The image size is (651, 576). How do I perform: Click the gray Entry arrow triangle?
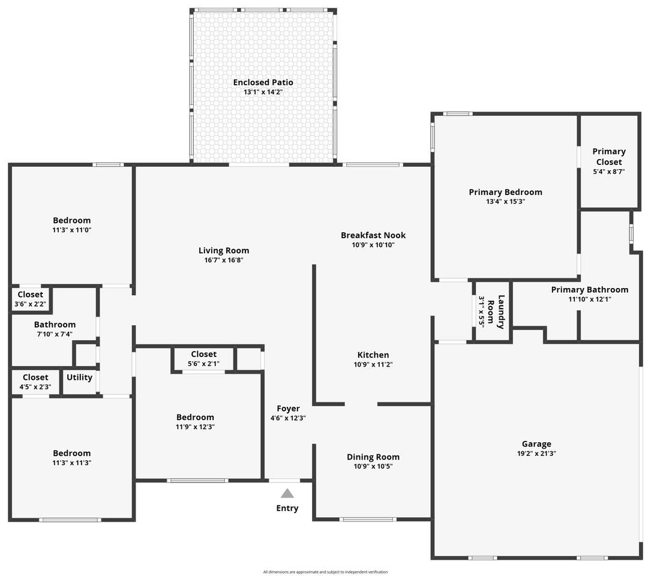click(x=287, y=493)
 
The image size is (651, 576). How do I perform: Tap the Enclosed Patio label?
click(x=263, y=82)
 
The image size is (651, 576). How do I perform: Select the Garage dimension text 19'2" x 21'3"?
click(x=536, y=454)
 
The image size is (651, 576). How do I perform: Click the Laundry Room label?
click(x=496, y=311)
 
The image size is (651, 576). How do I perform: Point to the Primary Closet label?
click(x=609, y=157)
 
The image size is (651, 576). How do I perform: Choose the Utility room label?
click(x=79, y=377)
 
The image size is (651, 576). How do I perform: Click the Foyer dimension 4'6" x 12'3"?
click(x=288, y=418)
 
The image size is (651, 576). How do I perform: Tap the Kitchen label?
click(x=373, y=355)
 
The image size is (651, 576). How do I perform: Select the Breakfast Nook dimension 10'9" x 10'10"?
click(x=373, y=245)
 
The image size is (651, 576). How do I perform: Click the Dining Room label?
click(x=373, y=457)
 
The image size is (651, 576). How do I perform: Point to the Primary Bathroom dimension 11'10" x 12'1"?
click(x=590, y=299)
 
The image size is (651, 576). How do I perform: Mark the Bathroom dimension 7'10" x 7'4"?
click(x=55, y=334)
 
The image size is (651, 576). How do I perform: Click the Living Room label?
click(x=224, y=250)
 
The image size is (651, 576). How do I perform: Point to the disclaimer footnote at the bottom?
click(x=325, y=572)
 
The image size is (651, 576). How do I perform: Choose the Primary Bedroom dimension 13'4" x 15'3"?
click(x=506, y=202)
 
